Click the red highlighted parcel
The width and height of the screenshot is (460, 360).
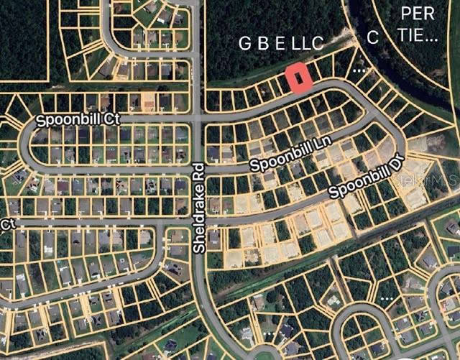point(298,78)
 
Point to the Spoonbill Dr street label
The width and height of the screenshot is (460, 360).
point(364,181)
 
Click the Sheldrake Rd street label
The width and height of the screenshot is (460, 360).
point(199,208)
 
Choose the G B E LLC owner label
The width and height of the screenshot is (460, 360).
point(281,44)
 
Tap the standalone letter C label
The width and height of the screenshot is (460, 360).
point(372,39)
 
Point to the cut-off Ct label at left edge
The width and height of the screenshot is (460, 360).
point(7,225)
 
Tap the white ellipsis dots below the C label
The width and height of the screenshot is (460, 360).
point(360,70)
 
